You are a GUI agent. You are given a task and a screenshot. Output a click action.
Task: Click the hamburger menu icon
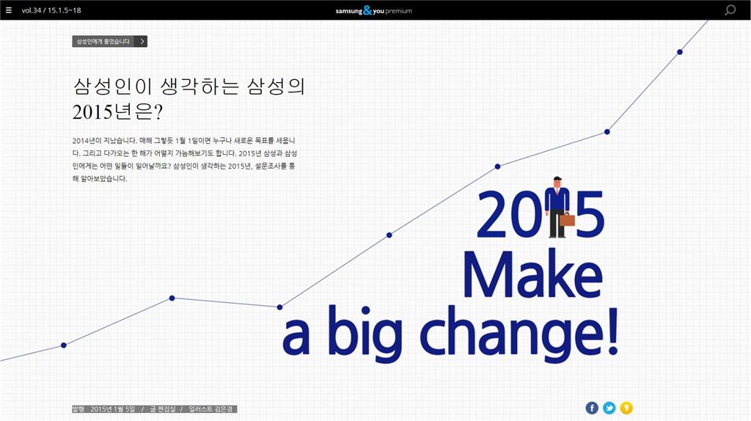point(9,10)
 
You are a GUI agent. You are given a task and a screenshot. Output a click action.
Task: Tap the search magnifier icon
point(730,10)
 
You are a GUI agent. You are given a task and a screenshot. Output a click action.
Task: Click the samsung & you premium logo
point(373,10)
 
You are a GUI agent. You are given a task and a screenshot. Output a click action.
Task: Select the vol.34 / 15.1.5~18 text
point(51,10)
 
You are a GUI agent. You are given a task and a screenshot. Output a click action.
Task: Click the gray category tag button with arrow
point(110,41)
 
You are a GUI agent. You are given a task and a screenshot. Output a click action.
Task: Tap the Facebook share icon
point(592,408)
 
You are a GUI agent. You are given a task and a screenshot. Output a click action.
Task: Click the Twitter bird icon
point(609,408)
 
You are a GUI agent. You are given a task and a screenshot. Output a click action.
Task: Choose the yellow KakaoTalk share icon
point(626,408)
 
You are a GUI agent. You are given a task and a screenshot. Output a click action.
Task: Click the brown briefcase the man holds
point(567,220)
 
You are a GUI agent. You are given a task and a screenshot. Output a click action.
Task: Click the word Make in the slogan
point(532,275)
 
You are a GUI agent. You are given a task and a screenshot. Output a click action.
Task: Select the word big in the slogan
point(365,333)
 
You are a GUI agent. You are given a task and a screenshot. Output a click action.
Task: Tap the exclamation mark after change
point(613,332)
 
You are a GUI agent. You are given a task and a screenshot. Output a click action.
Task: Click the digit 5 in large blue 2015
point(590,214)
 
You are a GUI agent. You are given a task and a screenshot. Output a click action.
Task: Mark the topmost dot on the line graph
point(680,52)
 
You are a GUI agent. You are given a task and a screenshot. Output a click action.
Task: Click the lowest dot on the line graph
point(64,345)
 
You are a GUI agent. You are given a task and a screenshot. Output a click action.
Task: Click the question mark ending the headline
point(158,112)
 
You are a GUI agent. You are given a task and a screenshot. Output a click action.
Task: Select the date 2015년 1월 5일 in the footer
point(112,409)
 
